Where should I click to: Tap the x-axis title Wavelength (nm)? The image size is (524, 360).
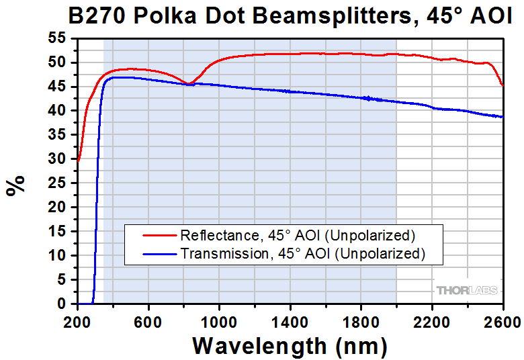(290, 345)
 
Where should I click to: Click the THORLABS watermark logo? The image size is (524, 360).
(468, 290)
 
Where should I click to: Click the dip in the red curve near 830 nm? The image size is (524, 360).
(189, 84)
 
